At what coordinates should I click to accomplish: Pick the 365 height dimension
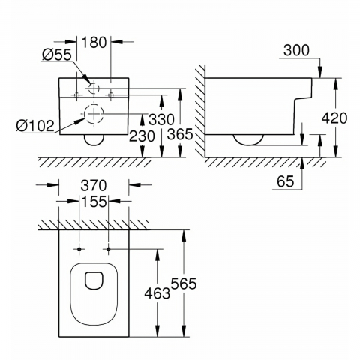(x=180, y=136)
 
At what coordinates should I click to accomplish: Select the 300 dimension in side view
(x=296, y=49)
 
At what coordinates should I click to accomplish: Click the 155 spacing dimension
(x=94, y=202)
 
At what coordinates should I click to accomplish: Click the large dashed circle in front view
(x=94, y=116)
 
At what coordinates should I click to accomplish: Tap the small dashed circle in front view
(x=94, y=88)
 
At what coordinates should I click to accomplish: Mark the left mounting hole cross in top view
(x=79, y=248)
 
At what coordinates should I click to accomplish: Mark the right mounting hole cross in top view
(x=109, y=248)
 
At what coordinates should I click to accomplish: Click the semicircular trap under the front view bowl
(x=94, y=141)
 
